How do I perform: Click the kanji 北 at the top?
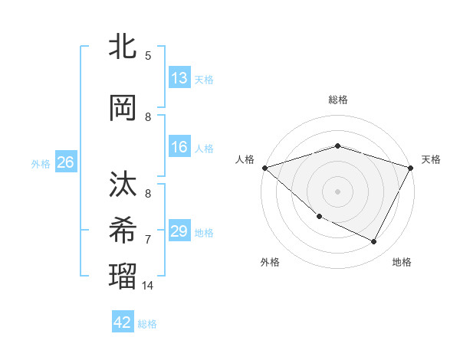[123, 46]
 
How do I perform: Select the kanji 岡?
[123, 108]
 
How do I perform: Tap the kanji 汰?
[123, 185]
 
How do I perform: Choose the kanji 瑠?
[123, 273]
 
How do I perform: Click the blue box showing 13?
[179, 77]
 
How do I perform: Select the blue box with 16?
[179, 147]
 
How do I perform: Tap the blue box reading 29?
[179, 231]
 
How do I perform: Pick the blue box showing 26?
[65, 162]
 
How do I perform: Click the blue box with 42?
[123, 322]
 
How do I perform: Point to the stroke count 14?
[148, 286]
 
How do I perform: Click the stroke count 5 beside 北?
[148, 55]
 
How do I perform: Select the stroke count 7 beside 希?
[148, 239]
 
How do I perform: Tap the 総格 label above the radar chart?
[338, 100]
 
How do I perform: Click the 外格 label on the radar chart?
[270, 263]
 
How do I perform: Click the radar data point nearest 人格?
[264, 168]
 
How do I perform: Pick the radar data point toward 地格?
[374, 242]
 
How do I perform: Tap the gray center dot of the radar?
[338, 191]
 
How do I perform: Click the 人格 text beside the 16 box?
[204, 149]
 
